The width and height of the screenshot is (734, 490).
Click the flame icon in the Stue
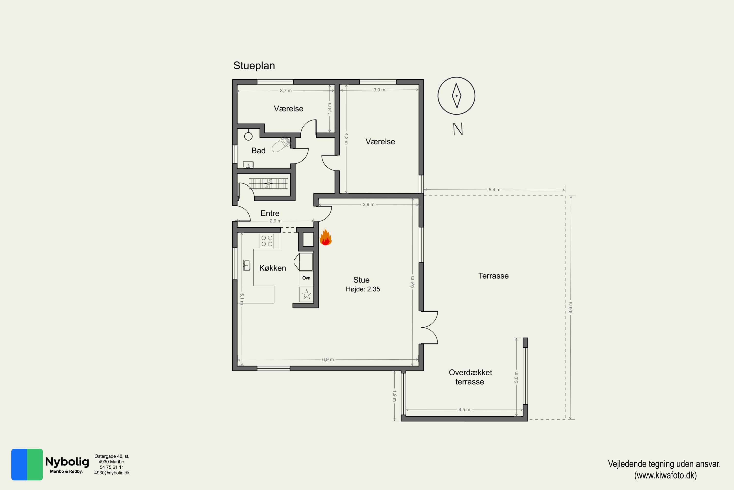point(325,237)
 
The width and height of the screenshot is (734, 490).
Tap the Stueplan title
point(254,66)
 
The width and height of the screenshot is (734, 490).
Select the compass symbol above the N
point(456,96)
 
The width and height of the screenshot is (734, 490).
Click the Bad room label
point(258,151)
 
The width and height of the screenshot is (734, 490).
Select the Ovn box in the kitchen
point(306,278)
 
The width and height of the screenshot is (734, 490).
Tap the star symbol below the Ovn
point(307,294)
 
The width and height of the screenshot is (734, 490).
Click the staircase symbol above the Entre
point(268,184)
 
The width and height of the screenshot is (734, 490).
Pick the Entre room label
point(270,213)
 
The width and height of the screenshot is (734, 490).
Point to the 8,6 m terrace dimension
point(571,307)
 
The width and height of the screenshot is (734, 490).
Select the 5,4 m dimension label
point(494,190)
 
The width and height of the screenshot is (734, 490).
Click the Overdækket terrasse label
point(470,377)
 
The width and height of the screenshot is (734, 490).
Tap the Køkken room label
point(273,268)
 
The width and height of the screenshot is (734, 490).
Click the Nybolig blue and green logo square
point(27,464)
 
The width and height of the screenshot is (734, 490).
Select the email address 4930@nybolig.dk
point(112,473)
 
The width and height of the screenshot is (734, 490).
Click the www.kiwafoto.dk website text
point(665,475)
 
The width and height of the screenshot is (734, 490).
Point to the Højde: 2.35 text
point(363,289)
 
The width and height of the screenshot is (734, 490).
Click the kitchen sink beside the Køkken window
point(247,265)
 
